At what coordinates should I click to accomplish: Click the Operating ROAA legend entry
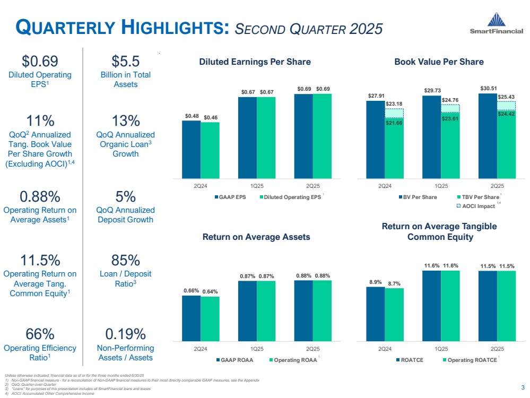[x=291, y=360]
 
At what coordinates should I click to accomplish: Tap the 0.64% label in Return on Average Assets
[x=210, y=291]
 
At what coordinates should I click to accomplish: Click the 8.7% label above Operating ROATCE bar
[x=395, y=284]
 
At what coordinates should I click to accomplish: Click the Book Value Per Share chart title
[x=439, y=62]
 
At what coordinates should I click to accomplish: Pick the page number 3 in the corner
[x=522, y=387]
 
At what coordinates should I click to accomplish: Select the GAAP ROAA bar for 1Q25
[x=247, y=310]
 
